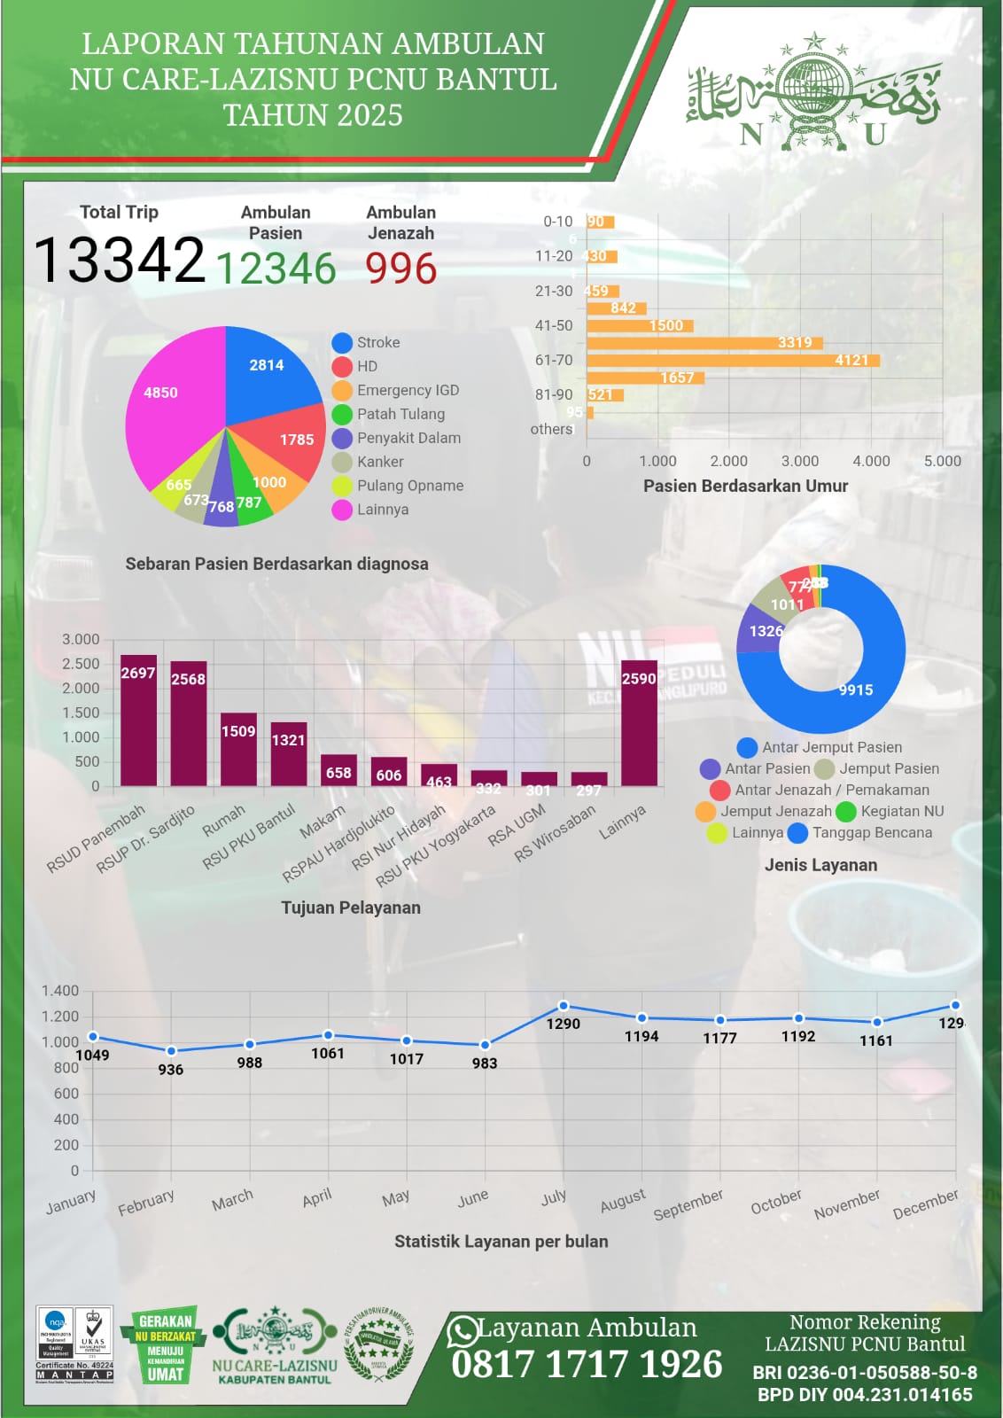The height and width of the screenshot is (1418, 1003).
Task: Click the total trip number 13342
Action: point(119,261)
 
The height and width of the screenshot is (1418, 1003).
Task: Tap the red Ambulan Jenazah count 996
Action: point(400,269)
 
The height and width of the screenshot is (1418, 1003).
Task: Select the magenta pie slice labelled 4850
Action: point(168,399)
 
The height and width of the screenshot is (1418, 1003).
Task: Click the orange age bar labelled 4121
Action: point(733,360)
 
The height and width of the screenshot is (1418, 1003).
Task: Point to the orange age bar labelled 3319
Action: point(704,343)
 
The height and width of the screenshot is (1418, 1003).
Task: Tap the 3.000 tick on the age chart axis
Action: point(799,461)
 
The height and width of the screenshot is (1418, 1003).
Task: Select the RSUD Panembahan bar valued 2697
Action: point(138,720)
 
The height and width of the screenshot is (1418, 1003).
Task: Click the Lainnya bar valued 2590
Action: point(639,722)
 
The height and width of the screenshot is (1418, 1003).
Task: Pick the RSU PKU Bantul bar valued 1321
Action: point(289,753)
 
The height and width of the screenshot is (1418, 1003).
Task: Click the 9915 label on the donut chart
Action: point(856,690)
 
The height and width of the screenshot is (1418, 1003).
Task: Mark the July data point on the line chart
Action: point(564,1006)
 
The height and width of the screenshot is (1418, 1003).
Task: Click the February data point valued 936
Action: point(171,1051)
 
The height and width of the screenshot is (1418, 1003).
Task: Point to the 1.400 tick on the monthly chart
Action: point(60,991)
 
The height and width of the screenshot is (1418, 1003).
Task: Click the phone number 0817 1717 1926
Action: point(587,1364)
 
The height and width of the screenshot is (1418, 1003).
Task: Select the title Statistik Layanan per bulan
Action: point(501,1242)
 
